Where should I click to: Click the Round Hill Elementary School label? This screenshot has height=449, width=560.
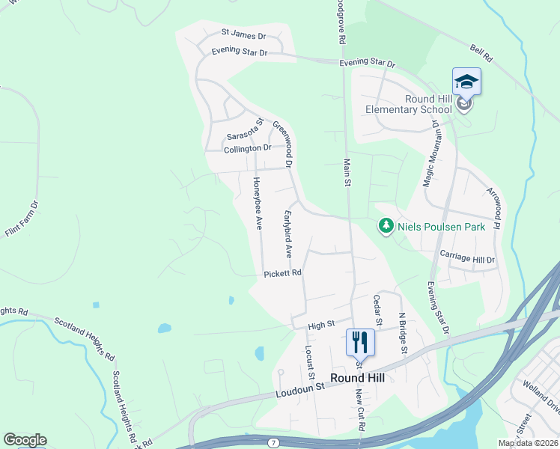pos(408,104)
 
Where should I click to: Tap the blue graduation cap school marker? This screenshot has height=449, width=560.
pos(466,81)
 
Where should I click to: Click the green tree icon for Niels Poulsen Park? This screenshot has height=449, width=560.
pos(386,225)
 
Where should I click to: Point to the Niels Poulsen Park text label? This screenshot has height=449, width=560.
pos(441,227)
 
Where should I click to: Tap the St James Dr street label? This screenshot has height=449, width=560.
pos(243,34)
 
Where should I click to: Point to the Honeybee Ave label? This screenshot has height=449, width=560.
pos(258,202)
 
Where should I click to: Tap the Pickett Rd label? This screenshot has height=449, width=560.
pos(282,274)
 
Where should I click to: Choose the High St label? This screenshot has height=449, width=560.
pos(320,326)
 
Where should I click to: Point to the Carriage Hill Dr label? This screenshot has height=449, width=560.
pos(467,259)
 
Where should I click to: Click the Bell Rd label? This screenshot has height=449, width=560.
pos(481,52)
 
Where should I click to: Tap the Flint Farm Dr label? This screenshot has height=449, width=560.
pos(22,219)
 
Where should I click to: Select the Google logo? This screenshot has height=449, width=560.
pos(25,440)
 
